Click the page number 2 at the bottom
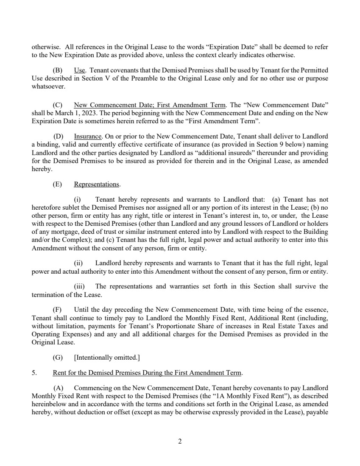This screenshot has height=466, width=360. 180,441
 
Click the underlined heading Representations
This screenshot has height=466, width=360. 97,184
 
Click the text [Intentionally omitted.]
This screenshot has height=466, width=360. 107,358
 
